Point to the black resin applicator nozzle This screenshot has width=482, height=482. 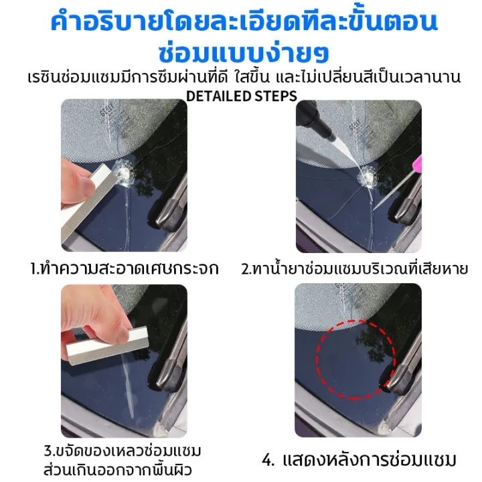click(316, 120)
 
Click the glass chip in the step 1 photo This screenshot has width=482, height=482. click(124, 173)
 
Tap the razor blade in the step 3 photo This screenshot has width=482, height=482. click(108, 347)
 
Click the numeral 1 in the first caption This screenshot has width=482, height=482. click(33, 269)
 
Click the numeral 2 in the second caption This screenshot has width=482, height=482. click(245, 269)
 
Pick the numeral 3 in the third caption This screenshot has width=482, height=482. click(48, 451)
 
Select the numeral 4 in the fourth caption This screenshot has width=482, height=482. click(267, 461)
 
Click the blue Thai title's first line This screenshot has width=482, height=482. click(244, 22)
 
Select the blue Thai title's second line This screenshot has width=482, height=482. click(244, 53)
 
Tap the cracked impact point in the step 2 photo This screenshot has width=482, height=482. click(368, 177)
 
